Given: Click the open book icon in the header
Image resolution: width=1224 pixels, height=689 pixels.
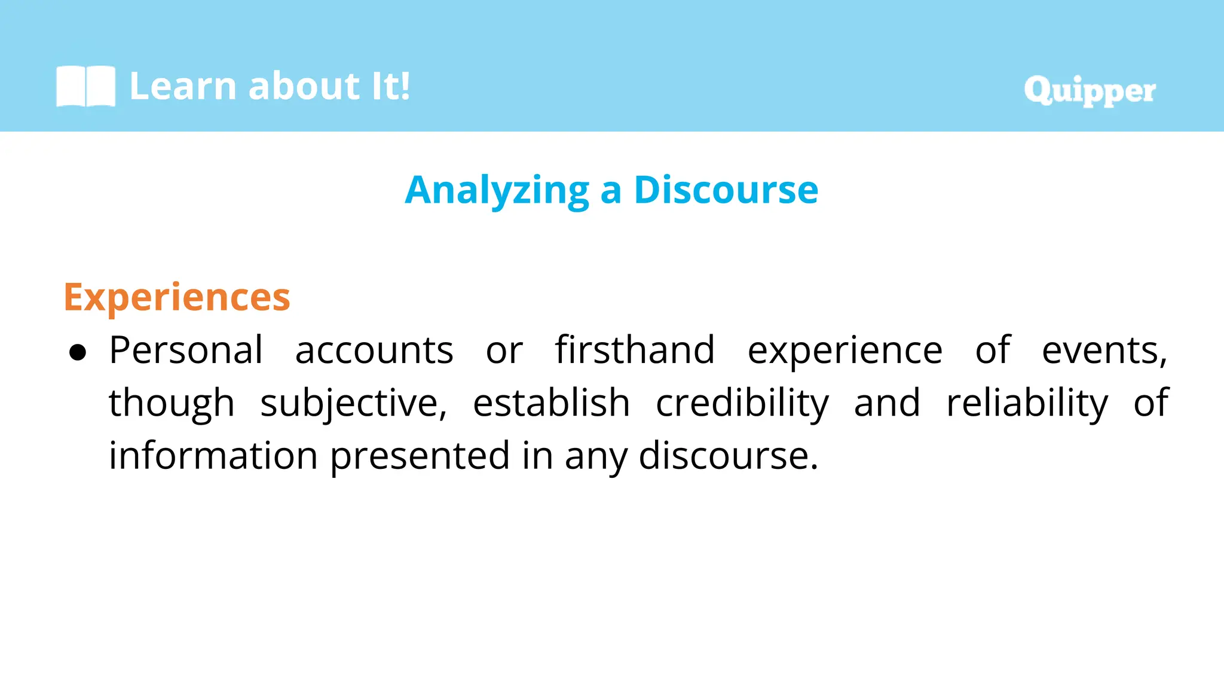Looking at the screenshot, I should [x=85, y=86].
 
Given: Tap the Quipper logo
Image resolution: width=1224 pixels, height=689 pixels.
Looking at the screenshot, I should [x=1090, y=90].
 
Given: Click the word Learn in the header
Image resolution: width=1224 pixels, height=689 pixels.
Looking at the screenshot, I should [x=183, y=86].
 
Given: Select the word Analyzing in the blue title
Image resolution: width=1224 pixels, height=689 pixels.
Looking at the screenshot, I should [x=497, y=191].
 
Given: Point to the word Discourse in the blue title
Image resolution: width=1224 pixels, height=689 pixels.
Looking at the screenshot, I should [x=726, y=190].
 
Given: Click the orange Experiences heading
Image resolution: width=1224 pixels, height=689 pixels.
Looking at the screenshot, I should [x=177, y=297].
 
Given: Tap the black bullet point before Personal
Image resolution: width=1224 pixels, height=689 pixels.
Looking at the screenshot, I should [x=78, y=353].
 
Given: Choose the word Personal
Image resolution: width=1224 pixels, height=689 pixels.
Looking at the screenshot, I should [x=186, y=350].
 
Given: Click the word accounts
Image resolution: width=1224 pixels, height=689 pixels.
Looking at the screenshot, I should [x=374, y=350].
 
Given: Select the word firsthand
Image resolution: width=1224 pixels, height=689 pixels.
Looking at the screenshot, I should [x=635, y=350].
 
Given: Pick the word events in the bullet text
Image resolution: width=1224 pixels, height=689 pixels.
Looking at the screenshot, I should [x=1103, y=351].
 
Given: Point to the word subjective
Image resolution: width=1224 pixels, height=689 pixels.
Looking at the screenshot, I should [x=353, y=404].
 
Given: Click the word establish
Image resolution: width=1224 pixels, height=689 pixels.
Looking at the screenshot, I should [x=551, y=403].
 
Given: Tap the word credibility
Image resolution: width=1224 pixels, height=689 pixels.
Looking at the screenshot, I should [x=742, y=404].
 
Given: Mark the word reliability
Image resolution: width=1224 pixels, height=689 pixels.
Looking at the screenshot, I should [x=1027, y=404].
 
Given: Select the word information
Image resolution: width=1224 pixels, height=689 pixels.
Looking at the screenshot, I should [x=213, y=456].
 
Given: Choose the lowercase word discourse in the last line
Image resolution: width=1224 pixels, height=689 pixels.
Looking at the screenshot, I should [x=727, y=456].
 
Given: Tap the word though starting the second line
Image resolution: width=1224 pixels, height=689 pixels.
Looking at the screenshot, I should [x=172, y=404].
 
